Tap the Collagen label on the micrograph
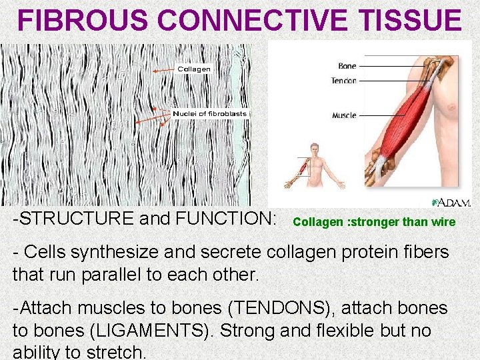click(x=194, y=69)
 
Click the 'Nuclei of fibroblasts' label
click(x=209, y=113)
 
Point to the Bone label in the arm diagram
click(x=347, y=66)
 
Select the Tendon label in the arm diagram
click(x=344, y=81)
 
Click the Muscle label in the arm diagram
click(x=344, y=115)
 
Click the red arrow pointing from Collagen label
click(x=163, y=70)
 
